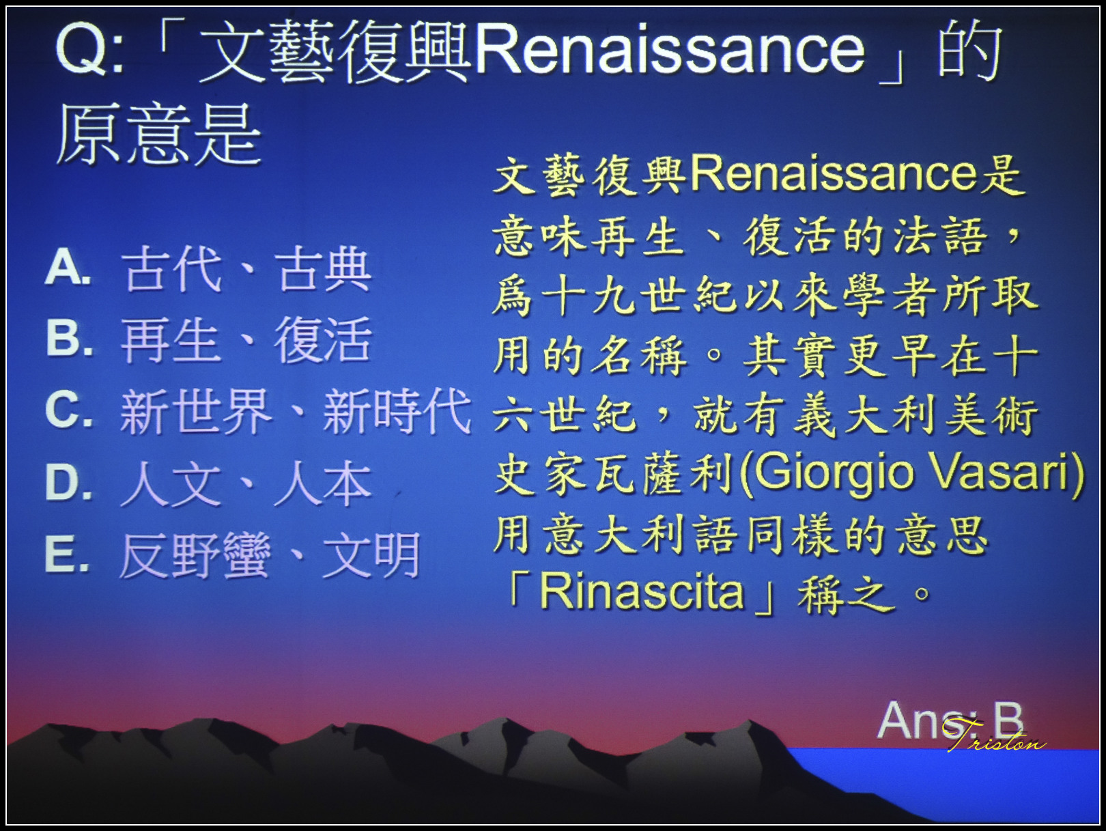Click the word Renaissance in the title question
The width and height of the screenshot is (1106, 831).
click(x=670, y=52)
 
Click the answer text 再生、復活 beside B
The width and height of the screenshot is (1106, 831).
click(x=246, y=339)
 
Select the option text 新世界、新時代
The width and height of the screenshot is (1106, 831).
click(x=296, y=411)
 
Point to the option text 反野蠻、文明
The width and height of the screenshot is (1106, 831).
click(x=270, y=555)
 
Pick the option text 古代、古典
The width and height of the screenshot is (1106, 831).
click(x=246, y=269)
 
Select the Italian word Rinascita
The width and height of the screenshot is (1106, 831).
click(x=642, y=589)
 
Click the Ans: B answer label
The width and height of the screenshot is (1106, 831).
click(x=950, y=720)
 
